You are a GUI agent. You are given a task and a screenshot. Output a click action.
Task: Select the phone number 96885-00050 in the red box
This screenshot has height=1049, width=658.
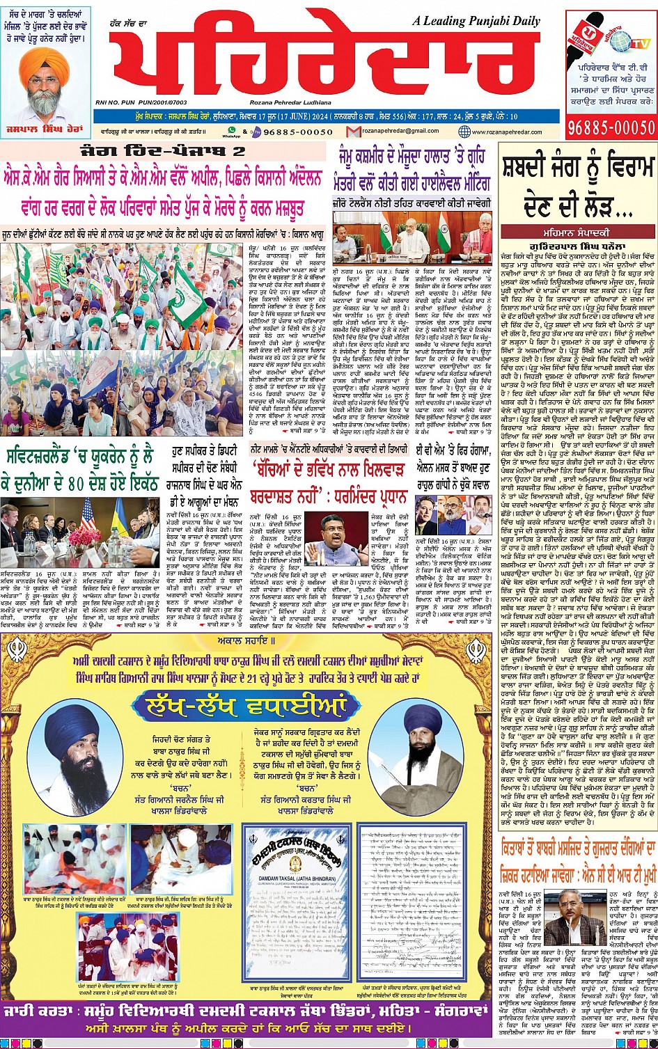tap(612, 127)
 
